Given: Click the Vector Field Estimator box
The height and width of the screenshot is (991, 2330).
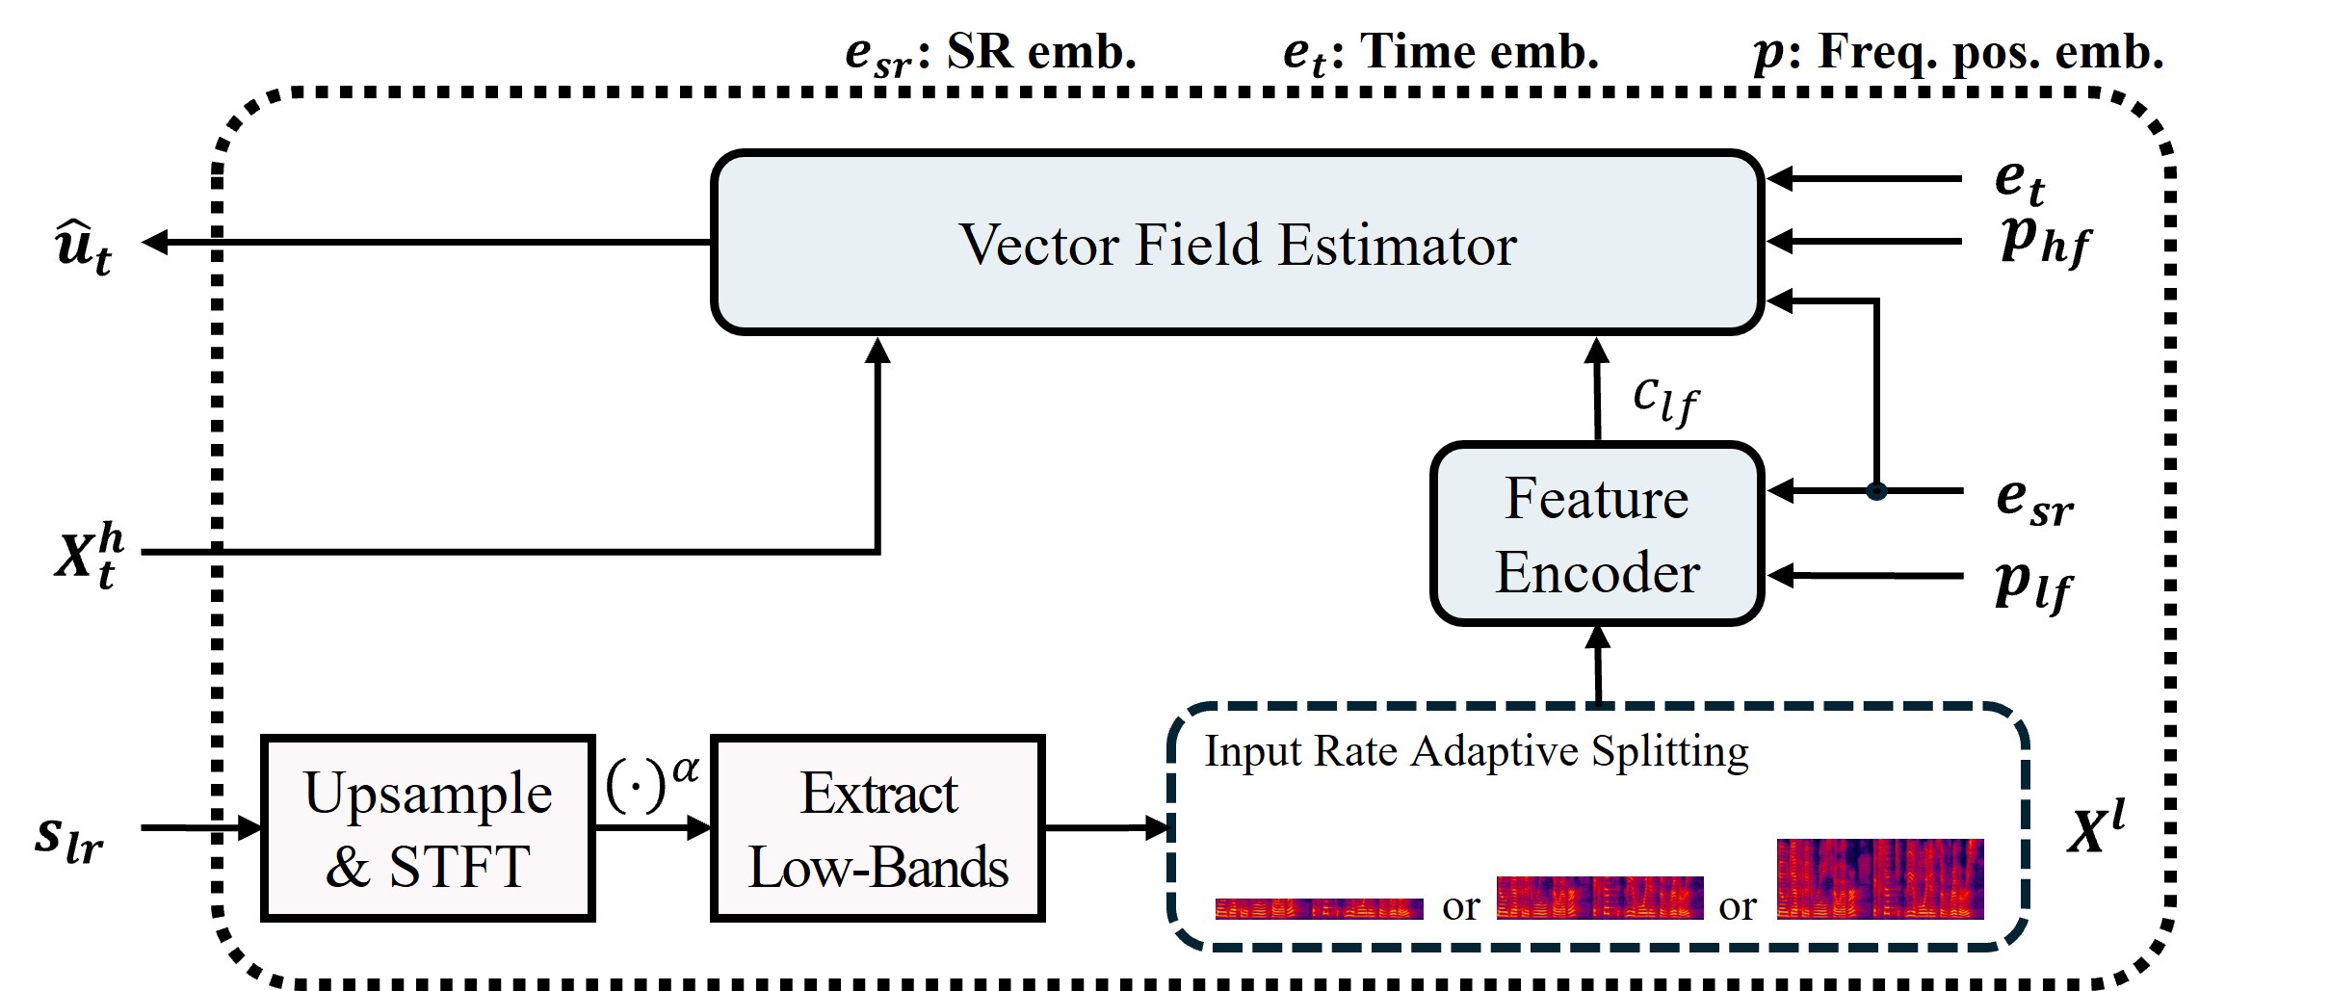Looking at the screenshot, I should [1237, 243].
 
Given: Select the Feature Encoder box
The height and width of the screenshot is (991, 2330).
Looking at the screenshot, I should [1596, 535].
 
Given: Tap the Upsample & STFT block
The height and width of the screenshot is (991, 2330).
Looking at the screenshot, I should [428, 828].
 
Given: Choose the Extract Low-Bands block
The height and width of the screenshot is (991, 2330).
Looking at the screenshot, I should [877, 828].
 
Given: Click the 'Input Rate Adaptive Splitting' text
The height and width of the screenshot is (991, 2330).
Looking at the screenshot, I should [1476, 751].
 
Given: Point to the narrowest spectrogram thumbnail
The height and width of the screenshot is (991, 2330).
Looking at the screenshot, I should [1318, 908].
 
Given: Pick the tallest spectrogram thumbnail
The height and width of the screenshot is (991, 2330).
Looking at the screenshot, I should [1879, 878].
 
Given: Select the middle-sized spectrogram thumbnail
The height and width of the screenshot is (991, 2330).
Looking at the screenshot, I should [1599, 898].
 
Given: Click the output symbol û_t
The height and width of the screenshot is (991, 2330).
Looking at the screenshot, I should [83, 248].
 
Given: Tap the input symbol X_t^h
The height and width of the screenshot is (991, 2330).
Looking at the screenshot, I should [89, 556].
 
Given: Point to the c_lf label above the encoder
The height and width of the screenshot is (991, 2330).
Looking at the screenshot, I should [1664, 398].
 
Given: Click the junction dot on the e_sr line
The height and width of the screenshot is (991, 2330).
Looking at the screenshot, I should [1875, 491].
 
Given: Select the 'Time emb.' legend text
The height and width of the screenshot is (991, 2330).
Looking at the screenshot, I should [1479, 52].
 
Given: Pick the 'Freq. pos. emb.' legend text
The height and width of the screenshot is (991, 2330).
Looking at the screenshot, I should [1990, 52].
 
